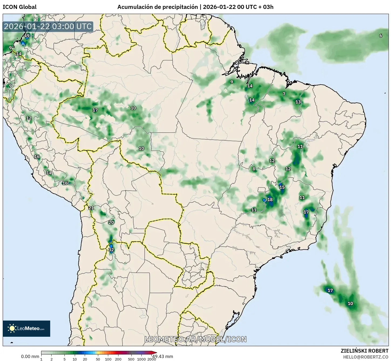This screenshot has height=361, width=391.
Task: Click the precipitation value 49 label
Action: (27, 36)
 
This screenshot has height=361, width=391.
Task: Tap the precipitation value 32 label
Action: (111, 250)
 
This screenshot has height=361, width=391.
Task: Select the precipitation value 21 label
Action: (91, 208)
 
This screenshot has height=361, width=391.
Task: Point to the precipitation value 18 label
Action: (270, 200)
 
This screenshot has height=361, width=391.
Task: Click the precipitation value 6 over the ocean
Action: (381, 36)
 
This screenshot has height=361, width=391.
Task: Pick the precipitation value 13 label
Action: (298, 102)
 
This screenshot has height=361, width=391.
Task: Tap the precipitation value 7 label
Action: (284, 94)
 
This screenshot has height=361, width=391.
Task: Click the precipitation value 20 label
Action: (111, 222)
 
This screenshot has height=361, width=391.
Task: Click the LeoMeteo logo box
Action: (26, 328)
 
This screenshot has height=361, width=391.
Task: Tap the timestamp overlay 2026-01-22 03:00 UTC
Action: (48, 26)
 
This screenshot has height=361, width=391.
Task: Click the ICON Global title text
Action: (19, 7)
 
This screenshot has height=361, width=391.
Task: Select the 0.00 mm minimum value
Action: (30, 356)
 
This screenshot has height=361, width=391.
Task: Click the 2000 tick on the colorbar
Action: (152, 359)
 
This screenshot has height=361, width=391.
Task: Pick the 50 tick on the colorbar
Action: (98, 359)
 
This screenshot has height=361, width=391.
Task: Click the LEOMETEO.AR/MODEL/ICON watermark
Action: (195, 339)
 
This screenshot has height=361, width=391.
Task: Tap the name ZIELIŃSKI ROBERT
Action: (365, 351)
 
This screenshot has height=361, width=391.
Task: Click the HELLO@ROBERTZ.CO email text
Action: (366, 357)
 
